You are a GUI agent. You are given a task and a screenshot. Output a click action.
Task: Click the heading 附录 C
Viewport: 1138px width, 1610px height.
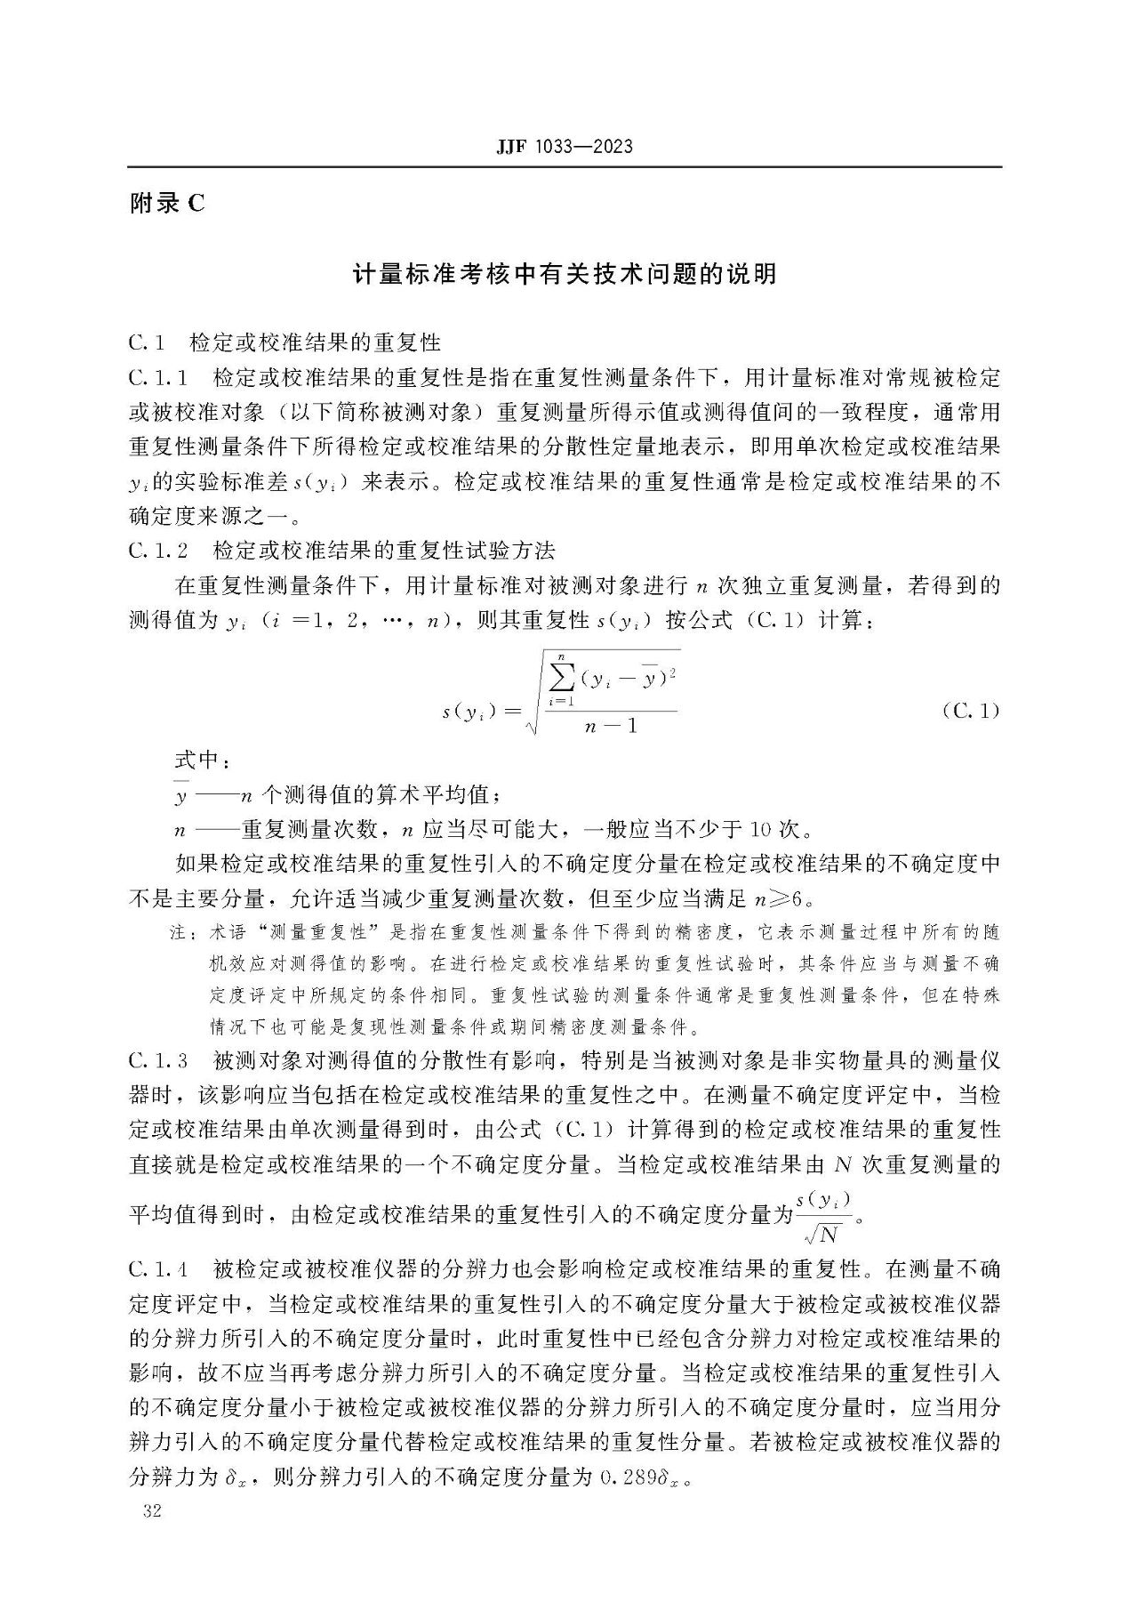point(167,204)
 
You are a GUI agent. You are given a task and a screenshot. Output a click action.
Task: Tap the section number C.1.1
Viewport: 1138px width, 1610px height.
point(158,377)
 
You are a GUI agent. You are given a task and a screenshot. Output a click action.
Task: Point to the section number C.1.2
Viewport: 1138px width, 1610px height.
point(158,551)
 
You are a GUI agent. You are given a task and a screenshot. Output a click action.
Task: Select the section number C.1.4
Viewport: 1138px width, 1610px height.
point(158,1268)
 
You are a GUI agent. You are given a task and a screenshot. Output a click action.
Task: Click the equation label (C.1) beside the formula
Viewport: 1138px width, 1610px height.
point(970,711)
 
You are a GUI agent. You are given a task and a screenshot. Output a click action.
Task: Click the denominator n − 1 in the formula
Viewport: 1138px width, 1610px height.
point(612,727)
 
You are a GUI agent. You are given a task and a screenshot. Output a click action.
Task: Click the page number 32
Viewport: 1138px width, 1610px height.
point(151,1511)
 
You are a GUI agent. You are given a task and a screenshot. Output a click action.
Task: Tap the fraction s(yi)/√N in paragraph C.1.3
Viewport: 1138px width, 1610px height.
point(823,1216)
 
